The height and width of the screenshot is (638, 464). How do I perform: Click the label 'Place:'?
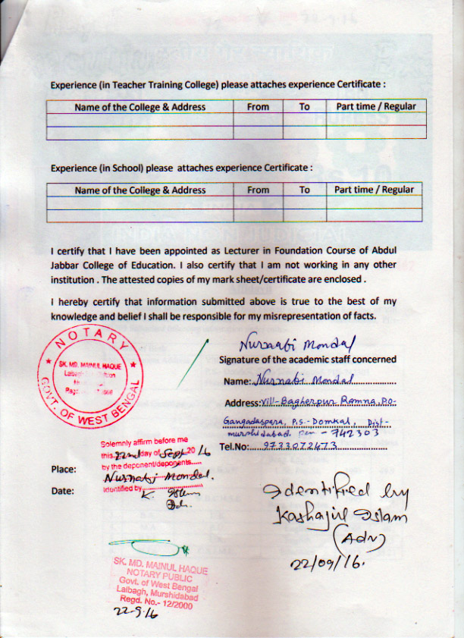click(x=63, y=470)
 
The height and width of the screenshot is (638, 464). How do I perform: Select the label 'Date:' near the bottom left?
click(x=62, y=492)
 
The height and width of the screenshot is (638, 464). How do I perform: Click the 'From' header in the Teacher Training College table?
click(x=258, y=107)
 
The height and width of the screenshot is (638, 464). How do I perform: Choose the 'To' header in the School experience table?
click(x=304, y=190)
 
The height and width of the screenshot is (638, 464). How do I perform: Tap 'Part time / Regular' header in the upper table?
click(x=375, y=107)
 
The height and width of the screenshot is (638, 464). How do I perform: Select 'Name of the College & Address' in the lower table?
click(x=140, y=190)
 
